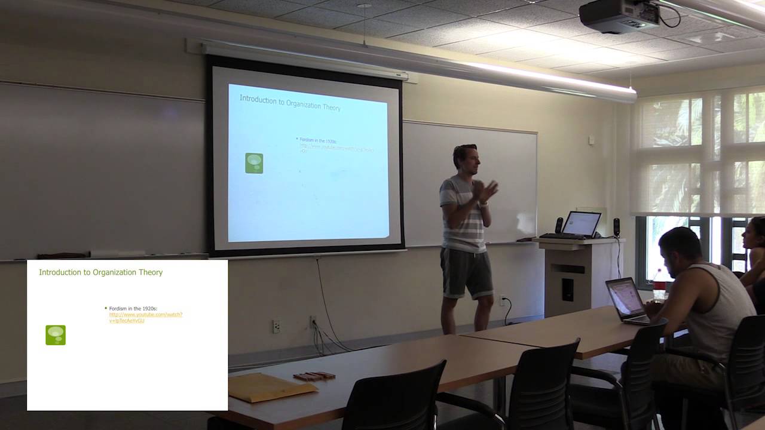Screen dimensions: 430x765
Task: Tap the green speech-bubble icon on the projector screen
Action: [254, 163]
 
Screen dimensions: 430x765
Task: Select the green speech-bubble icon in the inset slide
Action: [56, 335]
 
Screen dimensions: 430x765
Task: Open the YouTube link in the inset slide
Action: [145, 317]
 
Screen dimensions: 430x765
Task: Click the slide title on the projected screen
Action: [290, 102]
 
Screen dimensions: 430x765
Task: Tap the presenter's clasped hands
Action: [484, 191]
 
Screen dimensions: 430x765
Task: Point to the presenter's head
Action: [464, 157]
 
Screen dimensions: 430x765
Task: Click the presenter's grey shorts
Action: [466, 272]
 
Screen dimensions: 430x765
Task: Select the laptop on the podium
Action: [580, 224]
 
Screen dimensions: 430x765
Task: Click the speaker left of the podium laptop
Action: [559, 225]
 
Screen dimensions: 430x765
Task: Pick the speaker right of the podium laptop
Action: [616, 227]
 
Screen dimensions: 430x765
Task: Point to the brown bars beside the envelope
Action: [314, 376]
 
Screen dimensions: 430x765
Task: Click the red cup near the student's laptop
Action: [659, 287]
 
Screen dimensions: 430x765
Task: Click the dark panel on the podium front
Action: [567, 290]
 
